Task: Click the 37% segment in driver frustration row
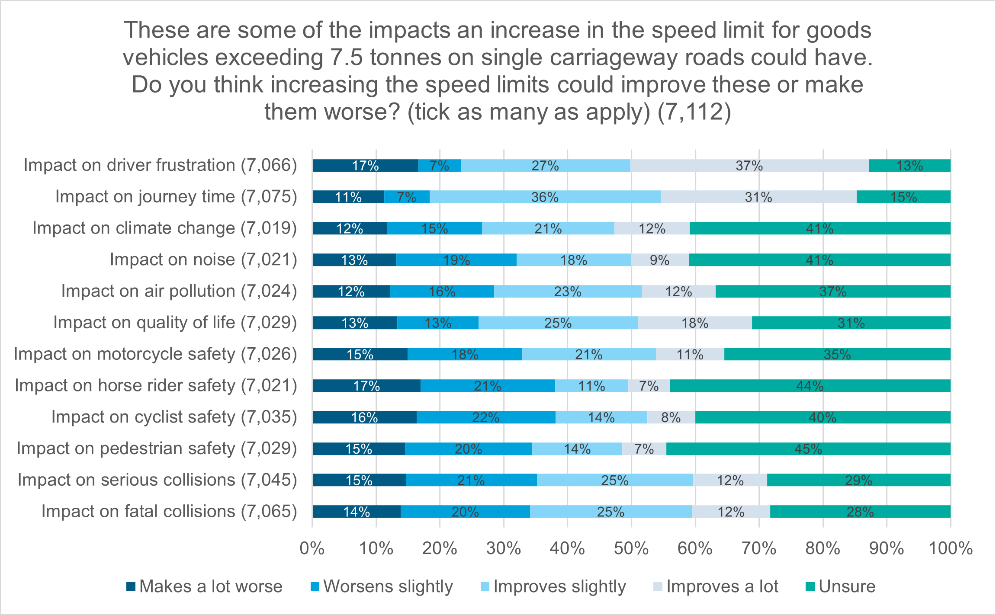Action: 749,166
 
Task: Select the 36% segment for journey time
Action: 545,197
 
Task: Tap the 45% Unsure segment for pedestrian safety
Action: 808,449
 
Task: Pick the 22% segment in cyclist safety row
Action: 485,417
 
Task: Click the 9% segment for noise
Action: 659,260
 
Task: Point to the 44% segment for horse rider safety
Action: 810,386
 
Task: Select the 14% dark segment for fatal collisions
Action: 356,512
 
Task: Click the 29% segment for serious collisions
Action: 858,480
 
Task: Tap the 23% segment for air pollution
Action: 567,291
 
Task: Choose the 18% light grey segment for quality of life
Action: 694,323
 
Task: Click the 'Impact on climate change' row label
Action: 164,228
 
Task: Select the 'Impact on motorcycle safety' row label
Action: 155,354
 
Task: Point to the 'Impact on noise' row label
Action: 203,260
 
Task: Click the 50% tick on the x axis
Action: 631,548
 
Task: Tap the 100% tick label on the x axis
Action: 950,548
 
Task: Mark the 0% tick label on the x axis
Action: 312,548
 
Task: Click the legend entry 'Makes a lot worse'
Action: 205,587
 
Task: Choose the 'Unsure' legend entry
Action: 840,587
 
